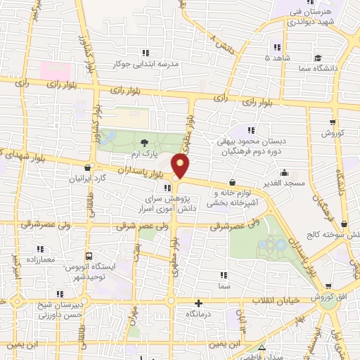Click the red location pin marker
click(181, 166)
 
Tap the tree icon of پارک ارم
click(135, 143)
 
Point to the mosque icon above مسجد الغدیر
click(284, 172)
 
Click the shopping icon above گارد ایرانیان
click(87, 167)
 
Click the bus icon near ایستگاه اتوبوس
click(89, 257)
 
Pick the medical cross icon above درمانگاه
click(199, 304)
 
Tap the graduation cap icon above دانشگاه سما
click(318, 58)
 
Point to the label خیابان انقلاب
click(281, 301)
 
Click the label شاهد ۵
click(273, 58)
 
